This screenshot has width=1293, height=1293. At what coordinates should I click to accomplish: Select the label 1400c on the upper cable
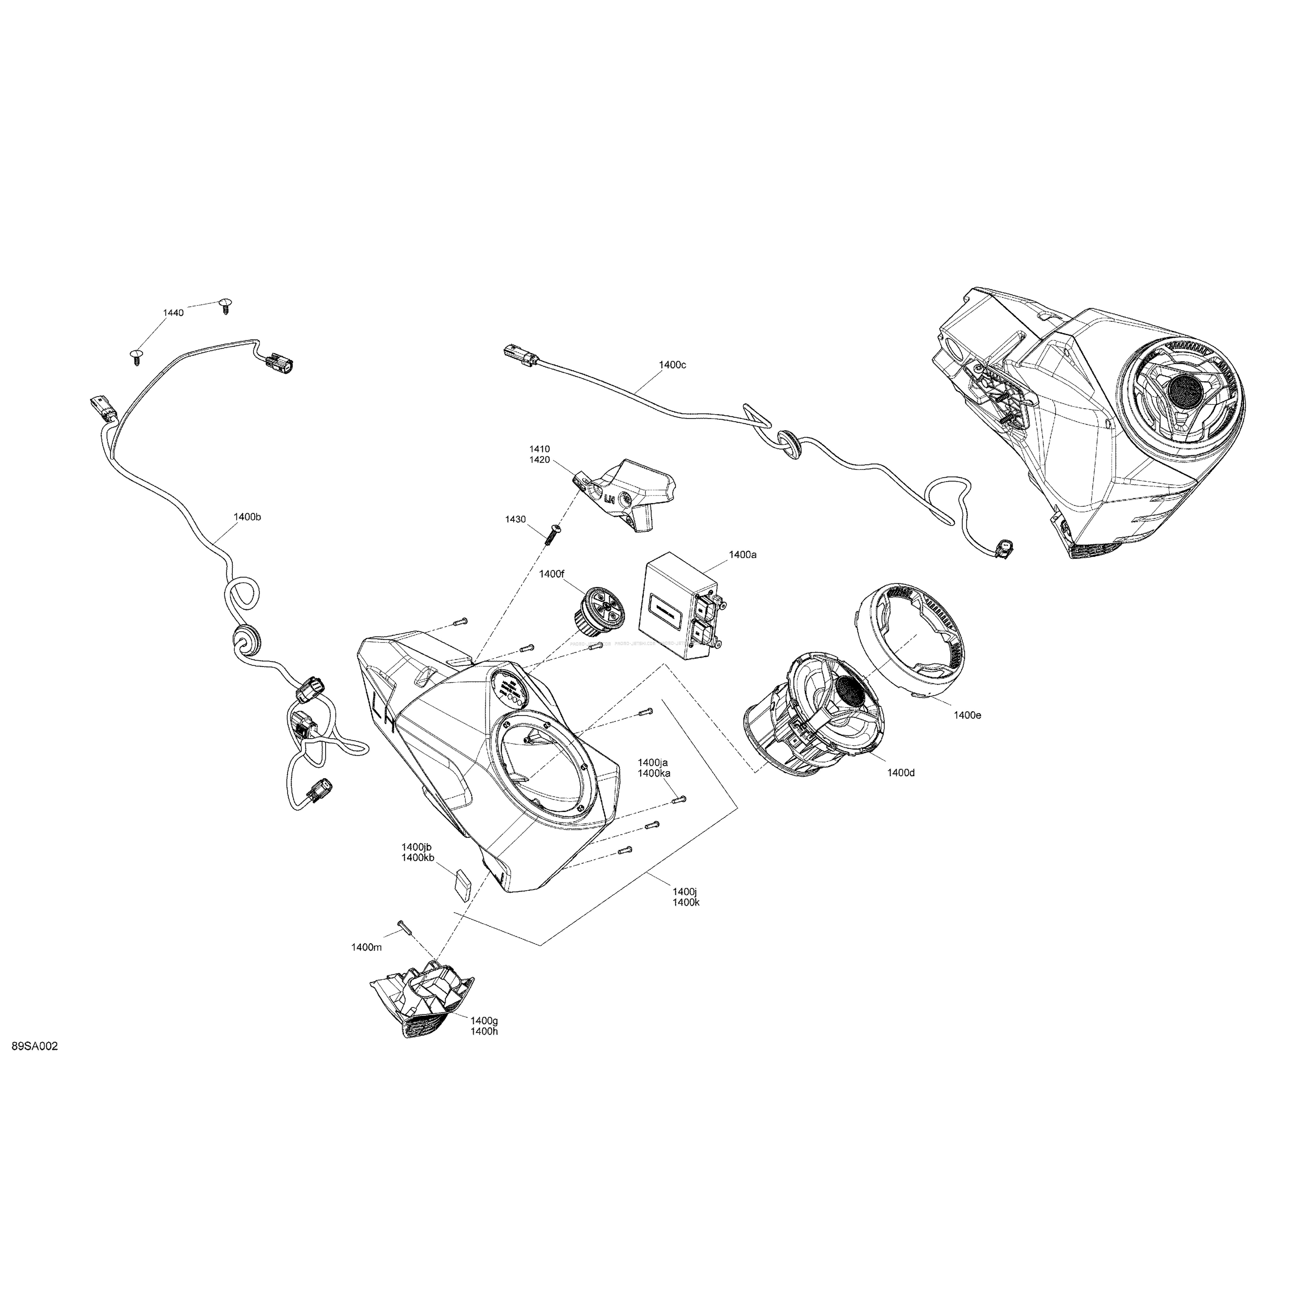pyautogui.click(x=672, y=365)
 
